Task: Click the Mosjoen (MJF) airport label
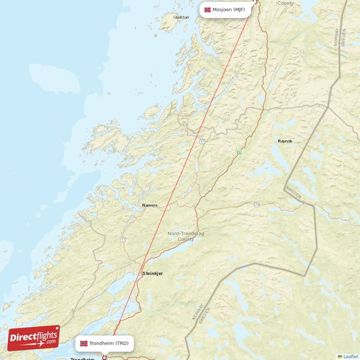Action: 229,9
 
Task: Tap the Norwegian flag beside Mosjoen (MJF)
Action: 207,9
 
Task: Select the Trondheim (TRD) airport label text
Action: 109,343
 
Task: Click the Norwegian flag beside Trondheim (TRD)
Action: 84,343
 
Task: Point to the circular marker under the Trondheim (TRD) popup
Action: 105,358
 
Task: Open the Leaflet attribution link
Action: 350,356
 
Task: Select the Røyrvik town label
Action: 285,141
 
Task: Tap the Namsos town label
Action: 150,205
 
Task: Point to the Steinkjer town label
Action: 152,273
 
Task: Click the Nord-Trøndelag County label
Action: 186,236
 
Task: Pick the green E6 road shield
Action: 239,152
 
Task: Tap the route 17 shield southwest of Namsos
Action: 123,240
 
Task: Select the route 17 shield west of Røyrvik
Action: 202,141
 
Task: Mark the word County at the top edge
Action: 285,3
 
